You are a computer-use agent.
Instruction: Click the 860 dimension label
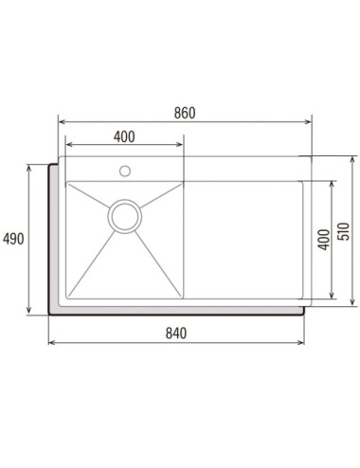coord(185,113)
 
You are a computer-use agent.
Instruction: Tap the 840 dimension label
coord(176,333)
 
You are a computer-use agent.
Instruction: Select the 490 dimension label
coord(13,239)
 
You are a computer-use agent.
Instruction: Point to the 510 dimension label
coord(344,231)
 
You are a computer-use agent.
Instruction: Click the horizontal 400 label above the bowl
coord(124,136)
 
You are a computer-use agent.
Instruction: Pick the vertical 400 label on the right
coord(324,240)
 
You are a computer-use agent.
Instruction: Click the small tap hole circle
coord(125,171)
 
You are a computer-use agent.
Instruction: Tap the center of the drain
coord(125,216)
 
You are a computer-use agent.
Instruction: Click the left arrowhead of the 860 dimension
coord(62,122)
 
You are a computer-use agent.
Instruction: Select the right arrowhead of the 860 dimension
coord(309,122)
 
